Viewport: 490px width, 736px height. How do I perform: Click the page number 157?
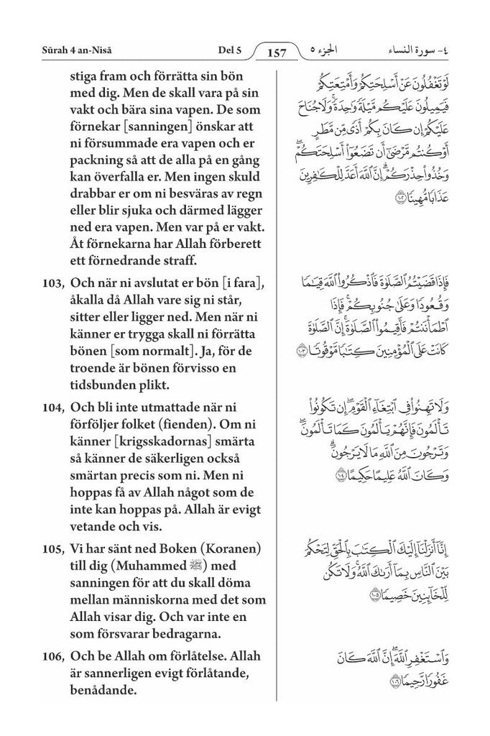[x=277, y=52]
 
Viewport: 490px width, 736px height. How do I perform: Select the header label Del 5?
[x=228, y=50]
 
